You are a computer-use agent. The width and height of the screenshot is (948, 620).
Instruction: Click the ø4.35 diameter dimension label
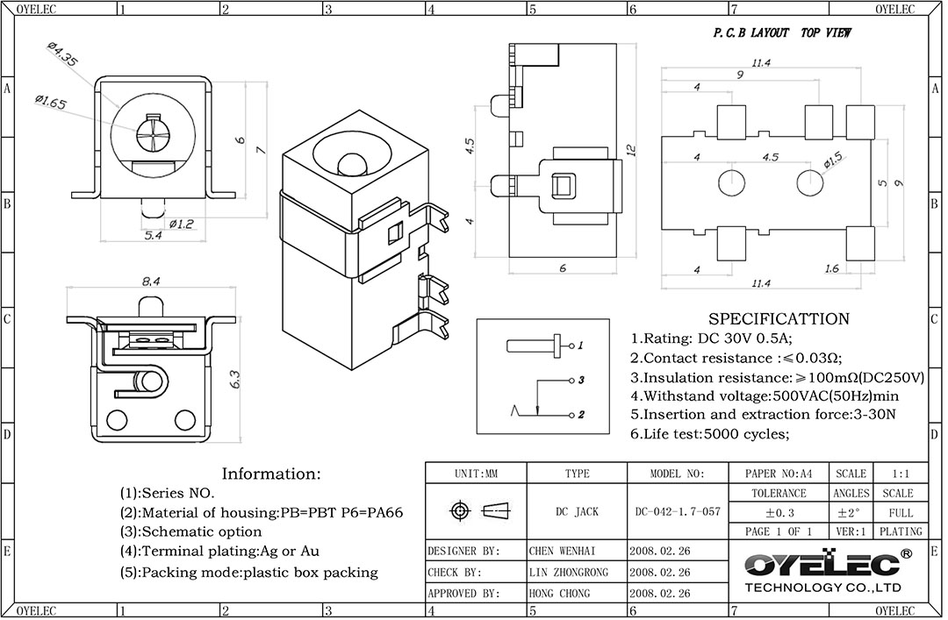tap(61, 57)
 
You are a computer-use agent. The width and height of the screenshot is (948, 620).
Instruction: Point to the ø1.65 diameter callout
tap(50, 103)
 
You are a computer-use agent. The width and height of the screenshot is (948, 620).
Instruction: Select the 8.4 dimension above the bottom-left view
tap(151, 281)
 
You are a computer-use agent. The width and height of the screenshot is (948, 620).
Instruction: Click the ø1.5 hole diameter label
tap(832, 160)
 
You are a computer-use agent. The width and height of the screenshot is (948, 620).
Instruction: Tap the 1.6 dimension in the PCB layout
tap(832, 267)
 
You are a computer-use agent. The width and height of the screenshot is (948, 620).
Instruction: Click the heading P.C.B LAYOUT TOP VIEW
tap(780, 33)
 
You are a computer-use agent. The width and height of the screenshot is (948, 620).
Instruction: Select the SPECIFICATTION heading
tap(779, 319)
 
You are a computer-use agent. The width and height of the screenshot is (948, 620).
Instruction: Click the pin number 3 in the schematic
tap(581, 380)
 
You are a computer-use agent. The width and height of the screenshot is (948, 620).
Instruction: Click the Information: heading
tap(271, 474)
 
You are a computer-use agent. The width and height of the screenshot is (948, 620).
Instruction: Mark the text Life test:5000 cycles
tap(711, 433)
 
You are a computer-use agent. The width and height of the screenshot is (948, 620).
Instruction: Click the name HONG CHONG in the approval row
tap(561, 593)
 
